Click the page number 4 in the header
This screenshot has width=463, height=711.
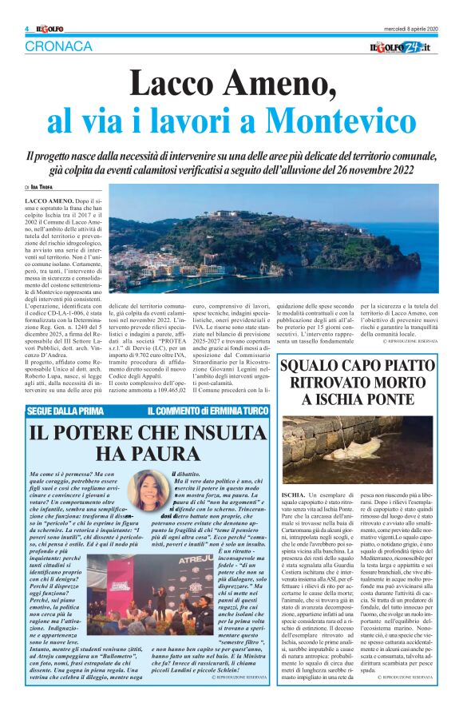pos(26,30)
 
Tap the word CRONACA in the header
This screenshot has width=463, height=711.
pos(59,46)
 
